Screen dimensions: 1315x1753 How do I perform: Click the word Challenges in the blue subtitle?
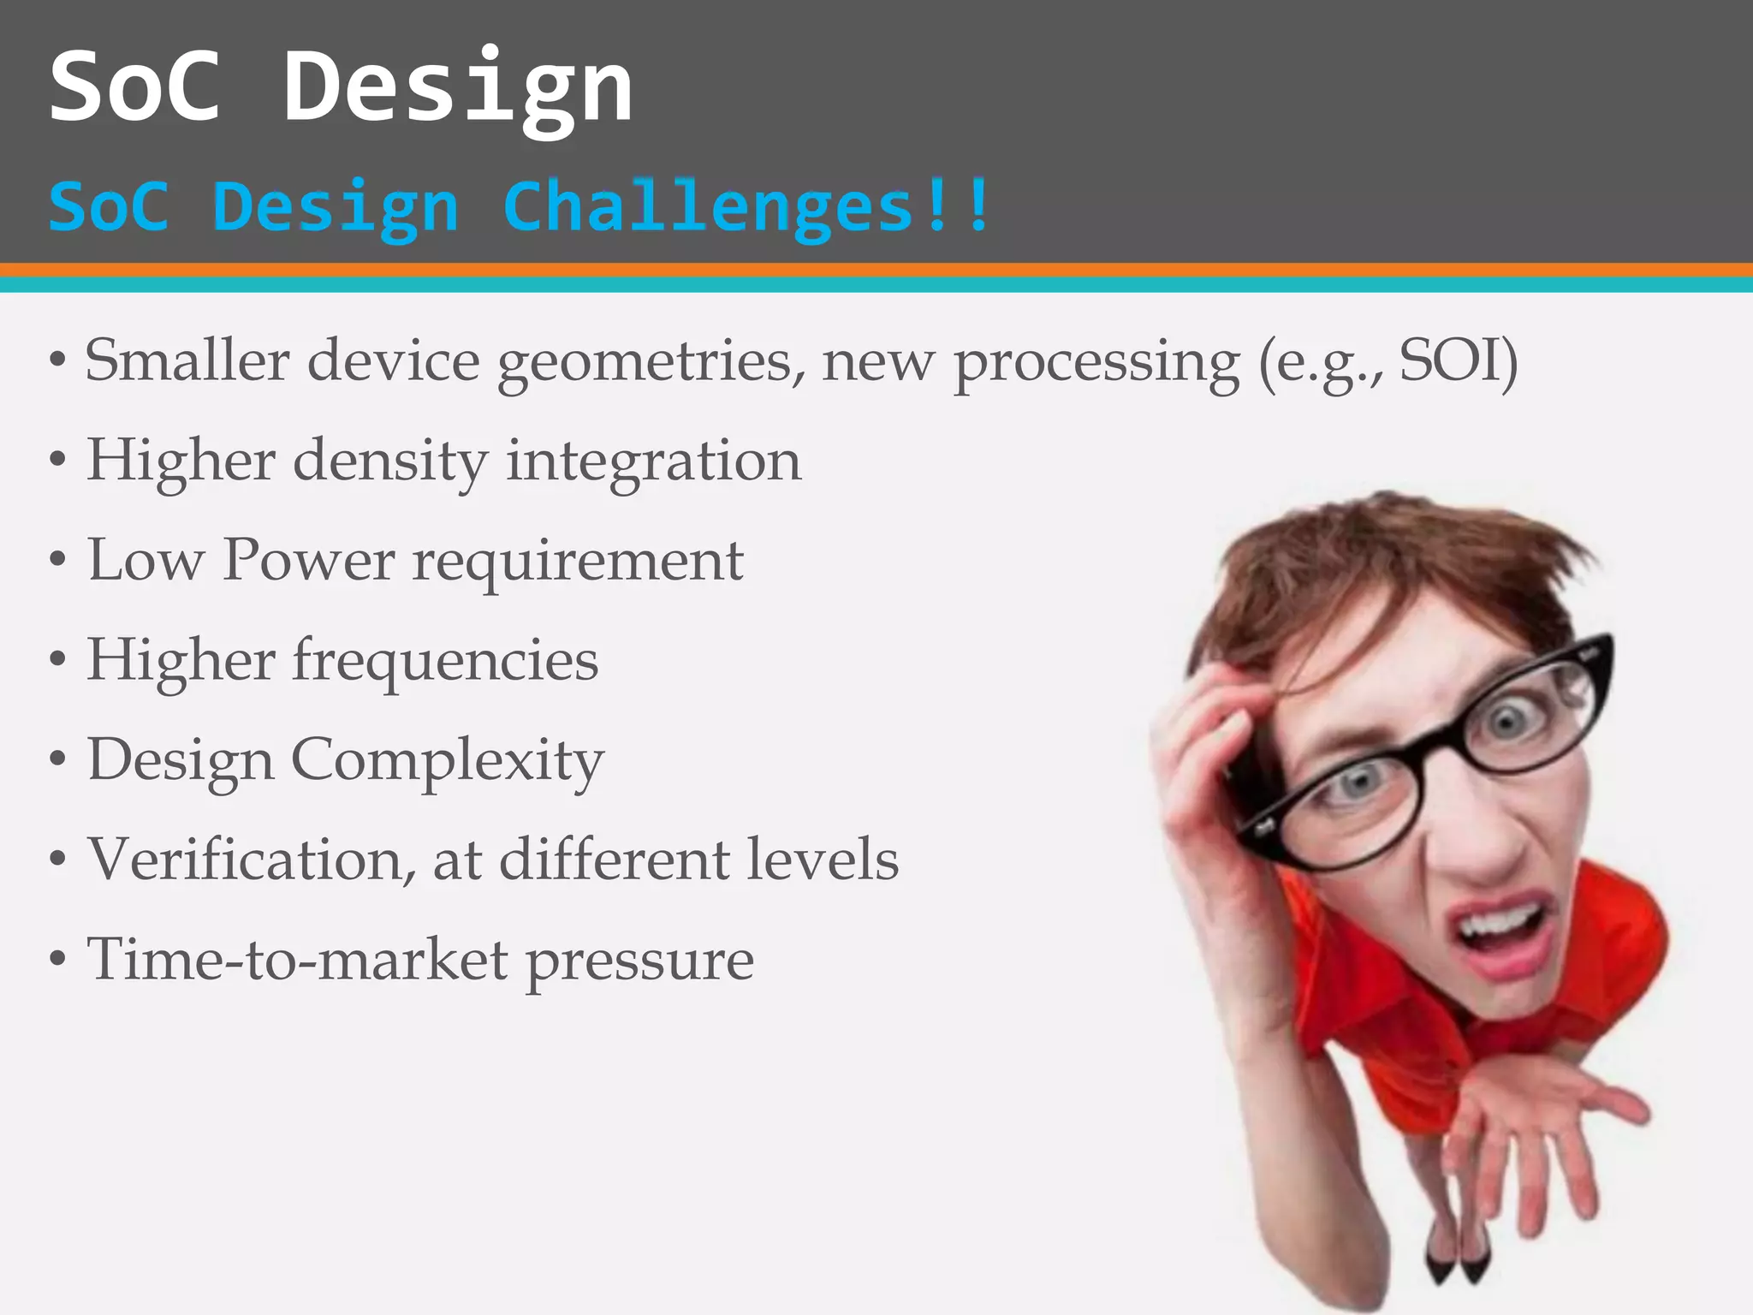click(x=709, y=208)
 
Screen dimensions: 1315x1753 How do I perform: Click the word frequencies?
click(x=445, y=661)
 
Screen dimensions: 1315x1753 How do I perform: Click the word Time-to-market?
click(x=298, y=959)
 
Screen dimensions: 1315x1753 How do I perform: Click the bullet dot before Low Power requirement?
click(x=57, y=562)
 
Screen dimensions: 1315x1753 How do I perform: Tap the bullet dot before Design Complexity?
click(x=57, y=760)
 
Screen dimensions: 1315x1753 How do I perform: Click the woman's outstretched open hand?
click(x=1541, y=1130)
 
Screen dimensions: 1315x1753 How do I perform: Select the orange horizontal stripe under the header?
click(x=876, y=270)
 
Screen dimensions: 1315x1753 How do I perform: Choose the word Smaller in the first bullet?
click(x=187, y=360)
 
